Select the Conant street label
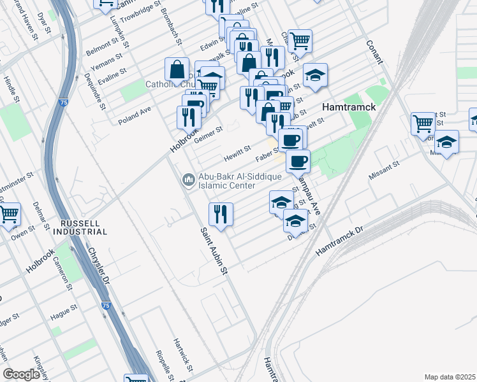coord(374,52)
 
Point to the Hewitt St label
coord(237,153)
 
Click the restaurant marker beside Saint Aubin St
coord(221,215)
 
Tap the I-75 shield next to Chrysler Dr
coord(104,306)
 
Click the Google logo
coord(21,374)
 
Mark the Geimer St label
coord(209,135)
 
